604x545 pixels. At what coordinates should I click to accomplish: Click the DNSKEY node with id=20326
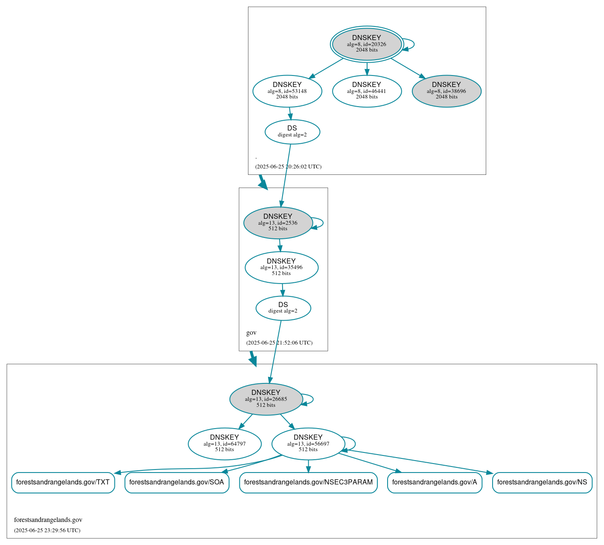pos(367,44)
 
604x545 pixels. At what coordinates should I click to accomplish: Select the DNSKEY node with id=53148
pos(287,91)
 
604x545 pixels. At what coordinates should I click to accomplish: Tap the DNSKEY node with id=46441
pos(367,91)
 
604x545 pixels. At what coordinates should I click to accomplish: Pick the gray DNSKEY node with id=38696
pos(446,91)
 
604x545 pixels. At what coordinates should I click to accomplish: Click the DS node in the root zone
pos(292,132)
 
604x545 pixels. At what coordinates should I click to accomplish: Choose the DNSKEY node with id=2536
pos(278,223)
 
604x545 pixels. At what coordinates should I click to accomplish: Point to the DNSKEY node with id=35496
pos(281,267)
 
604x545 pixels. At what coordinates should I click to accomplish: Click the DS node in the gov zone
pos(283,308)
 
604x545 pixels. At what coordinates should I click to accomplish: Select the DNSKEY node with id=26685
pos(266,399)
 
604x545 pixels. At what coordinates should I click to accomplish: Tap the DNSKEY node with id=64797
pos(225,444)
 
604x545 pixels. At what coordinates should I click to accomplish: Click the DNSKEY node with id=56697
pos(308,444)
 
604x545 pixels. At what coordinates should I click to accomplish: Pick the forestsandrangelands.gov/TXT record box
pos(63,482)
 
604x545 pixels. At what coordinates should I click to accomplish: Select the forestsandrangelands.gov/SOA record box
pos(177,482)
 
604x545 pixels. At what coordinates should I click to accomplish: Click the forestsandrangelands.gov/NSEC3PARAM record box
pos(308,482)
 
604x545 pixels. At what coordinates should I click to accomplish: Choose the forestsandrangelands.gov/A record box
pos(435,482)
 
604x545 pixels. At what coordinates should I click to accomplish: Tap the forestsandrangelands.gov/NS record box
pos(542,482)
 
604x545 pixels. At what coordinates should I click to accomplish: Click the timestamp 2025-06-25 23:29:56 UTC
pos(47,531)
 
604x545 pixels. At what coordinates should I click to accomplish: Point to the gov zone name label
pos(251,333)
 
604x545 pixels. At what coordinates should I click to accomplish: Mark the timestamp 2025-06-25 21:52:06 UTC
pos(279,343)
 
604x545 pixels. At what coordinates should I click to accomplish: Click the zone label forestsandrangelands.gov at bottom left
pos(48,520)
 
